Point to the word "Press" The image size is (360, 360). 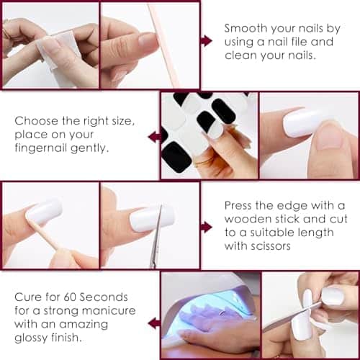(238, 205)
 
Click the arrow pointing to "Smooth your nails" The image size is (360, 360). (207, 40)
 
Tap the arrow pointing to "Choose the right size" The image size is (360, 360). (153, 137)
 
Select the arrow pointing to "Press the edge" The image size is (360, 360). (207, 227)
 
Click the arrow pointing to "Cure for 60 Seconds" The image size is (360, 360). (153, 323)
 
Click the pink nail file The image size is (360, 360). (163, 45)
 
